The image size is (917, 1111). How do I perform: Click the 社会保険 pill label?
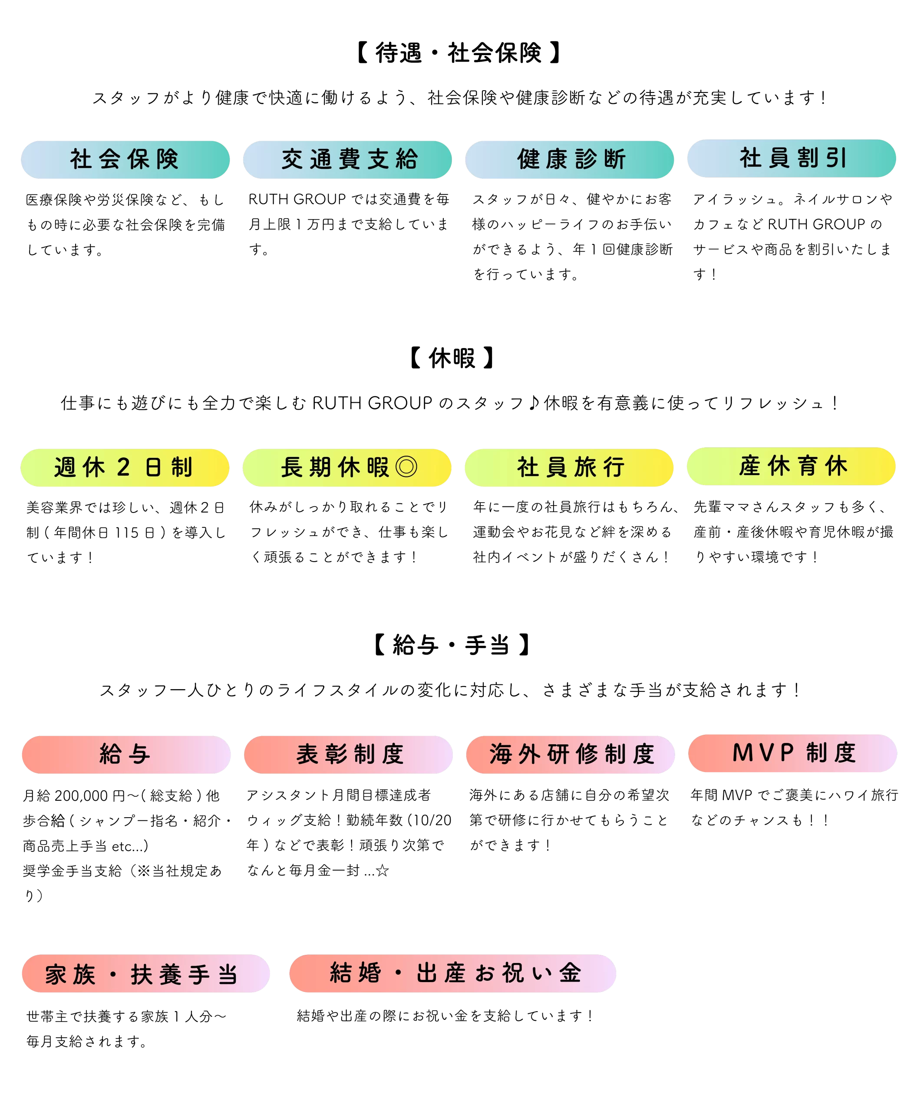pyautogui.click(x=125, y=159)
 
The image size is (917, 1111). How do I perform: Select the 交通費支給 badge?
pyautogui.click(x=347, y=159)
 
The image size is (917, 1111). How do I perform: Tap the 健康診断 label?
pyautogui.click(x=569, y=159)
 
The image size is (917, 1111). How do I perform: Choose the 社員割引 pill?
pyautogui.click(x=791, y=158)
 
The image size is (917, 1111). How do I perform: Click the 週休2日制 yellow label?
pyautogui.click(x=125, y=468)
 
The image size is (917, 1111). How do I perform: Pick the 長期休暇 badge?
pyautogui.click(x=346, y=468)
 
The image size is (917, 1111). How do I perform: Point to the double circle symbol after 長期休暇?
pyautogui.click(x=406, y=467)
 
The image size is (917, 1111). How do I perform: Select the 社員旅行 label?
pyautogui.click(x=569, y=468)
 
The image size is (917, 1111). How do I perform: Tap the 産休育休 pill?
pyautogui.click(x=791, y=466)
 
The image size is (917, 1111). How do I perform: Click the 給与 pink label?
pyautogui.click(x=126, y=755)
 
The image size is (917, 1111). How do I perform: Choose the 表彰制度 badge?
pyautogui.click(x=348, y=755)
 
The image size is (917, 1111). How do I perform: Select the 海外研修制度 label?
pyautogui.click(x=570, y=755)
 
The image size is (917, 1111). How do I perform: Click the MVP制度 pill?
pyautogui.click(x=792, y=753)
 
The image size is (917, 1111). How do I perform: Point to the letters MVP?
pyautogui.click(x=763, y=753)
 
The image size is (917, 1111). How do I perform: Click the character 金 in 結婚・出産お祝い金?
pyautogui.click(x=570, y=973)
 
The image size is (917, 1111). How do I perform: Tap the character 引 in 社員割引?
pyautogui.click(x=836, y=158)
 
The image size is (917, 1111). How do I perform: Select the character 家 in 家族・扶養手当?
pyautogui.click(x=56, y=975)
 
